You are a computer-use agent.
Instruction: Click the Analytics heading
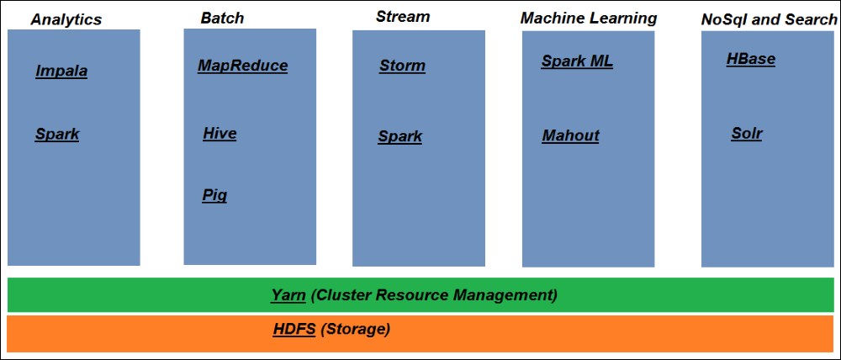tap(66, 19)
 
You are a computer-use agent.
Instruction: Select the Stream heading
tap(402, 16)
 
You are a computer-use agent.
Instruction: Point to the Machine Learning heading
tap(589, 18)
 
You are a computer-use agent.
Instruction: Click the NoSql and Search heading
tap(769, 19)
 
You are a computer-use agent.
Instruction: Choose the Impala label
tap(61, 71)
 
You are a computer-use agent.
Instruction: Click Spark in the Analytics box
tap(57, 134)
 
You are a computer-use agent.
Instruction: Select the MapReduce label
tap(242, 66)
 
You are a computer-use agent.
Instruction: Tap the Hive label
tap(220, 134)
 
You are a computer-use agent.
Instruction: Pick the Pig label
tap(214, 196)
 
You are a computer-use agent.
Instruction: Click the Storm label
tap(402, 66)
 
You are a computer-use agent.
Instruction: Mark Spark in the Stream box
tap(399, 136)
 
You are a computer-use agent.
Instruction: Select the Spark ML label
tap(577, 61)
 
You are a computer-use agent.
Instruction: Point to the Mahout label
tap(570, 135)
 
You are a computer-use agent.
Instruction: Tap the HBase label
tap(750, 59)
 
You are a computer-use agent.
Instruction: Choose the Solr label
tap(746, 133)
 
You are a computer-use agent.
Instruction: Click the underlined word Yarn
tap(288, 295)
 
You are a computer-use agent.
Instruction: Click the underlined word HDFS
tap(294, 329)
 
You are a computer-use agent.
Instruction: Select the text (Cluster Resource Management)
tap(434, 295)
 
